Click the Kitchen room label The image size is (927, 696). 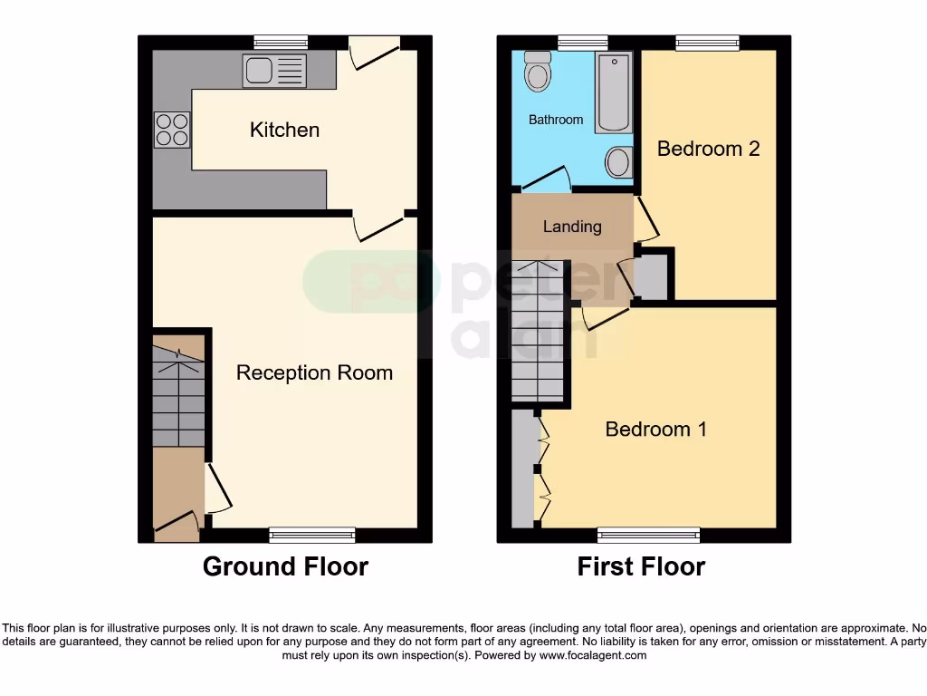(284, 130)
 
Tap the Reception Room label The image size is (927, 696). (314, 372)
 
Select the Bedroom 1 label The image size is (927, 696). (655, 429)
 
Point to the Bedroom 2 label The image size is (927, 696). (708, 149)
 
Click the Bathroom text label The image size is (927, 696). (556, 120)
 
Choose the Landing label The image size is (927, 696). (572, 227)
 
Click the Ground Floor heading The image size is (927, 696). (285, 567)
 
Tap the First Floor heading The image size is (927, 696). (641, 567)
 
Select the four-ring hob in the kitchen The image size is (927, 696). (172, 129)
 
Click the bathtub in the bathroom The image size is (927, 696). (614, 92)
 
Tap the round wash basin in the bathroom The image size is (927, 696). (618, 163)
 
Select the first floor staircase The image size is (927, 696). (539, 331)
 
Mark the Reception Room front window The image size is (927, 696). (312, 534)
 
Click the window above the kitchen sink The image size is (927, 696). (281, 42)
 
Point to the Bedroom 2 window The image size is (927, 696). (707, 42)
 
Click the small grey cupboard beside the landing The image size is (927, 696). (652, 276)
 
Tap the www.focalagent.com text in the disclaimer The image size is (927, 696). (593, 655)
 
